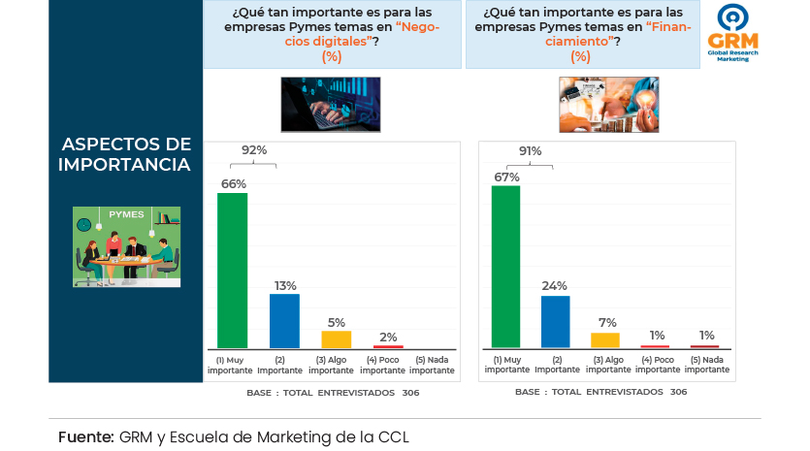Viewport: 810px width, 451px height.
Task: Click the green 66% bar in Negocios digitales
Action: tap(232, 270)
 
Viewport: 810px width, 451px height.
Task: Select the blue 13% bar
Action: tap(284, 320)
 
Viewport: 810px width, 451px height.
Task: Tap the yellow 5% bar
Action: tap(336, 338)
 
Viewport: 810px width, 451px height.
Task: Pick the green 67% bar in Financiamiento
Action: tap(506, 266)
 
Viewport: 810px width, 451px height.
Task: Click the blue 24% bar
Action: tap(555, 321)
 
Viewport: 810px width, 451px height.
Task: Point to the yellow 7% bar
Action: tap(605, 339)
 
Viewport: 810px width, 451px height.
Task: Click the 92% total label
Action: tap(254, 150)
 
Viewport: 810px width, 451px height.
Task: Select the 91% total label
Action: tap(530, 150)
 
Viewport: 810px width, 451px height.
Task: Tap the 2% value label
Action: tap(388, 337)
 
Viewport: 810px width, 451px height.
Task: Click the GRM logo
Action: tap(733, 33)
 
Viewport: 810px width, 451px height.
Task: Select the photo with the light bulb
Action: tap(608, 104)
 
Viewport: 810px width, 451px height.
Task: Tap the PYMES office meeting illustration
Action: tap(126, 246)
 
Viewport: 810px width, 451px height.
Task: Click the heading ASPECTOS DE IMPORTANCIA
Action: tap(125, 154)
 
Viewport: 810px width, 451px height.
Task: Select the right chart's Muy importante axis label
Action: tap(506, 366)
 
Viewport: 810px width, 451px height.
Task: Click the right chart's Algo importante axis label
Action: tap(607, 366)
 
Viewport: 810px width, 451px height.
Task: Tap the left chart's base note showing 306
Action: tap(333, 393)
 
